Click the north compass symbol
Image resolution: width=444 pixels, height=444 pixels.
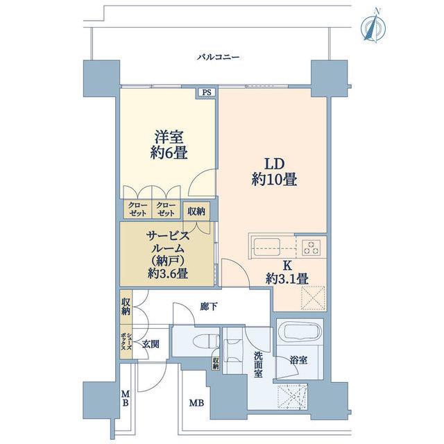click(x=373, y=26)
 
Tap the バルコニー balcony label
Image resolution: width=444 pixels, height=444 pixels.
click(x=218, y=58)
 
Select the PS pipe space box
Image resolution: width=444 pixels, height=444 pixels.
click(x=207, y=92)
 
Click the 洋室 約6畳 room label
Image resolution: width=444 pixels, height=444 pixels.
click(x=169, y=145)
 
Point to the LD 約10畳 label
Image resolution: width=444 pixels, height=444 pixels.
click(x=274, y=172)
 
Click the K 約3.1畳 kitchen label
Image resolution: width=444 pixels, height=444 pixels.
click(x=287, y=273)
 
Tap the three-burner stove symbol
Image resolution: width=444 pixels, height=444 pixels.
click(x=311, y=248)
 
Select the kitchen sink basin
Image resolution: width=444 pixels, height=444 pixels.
click(x=267, y=247)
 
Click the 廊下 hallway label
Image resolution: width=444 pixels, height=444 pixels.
click(x=209, y=307)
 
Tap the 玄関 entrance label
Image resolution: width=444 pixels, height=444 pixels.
click(x=151, y=344)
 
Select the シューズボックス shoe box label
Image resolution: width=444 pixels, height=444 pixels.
click(x=126, y=342)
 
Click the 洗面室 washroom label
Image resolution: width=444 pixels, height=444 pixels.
click(x=257, y=364)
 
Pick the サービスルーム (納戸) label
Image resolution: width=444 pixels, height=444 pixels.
click(x=168, y=255)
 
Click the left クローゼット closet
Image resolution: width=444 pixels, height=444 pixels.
click(x=137, y=210)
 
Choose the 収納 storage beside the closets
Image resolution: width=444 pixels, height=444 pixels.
click(x=196, y=211)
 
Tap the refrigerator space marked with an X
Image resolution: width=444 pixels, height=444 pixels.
click(x=313, y=298)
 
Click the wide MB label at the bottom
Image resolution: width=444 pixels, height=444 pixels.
click(x=196, y=403)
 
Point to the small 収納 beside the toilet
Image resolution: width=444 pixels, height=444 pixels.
click(x=216, y=363)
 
